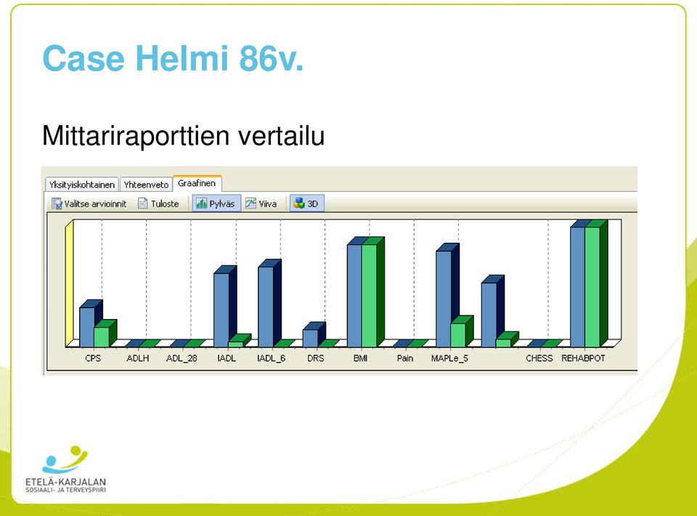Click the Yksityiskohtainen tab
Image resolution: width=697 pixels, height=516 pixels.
(82, 184)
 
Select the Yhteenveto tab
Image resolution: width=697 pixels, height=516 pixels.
(146, 184)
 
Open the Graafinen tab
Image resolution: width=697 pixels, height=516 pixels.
(197, 183)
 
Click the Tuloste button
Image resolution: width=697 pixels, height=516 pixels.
(158, 203)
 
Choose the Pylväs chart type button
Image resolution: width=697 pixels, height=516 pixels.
(216, 203)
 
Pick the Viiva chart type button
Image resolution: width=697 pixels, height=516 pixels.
(261, 203)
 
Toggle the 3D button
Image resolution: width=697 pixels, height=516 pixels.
(306, 203)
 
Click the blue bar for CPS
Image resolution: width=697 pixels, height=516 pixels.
(87, 327)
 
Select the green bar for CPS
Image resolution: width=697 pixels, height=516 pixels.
(102, 336)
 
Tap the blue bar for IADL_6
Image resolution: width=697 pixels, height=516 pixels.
(266, 307)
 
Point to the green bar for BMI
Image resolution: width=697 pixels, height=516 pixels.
(370, 295)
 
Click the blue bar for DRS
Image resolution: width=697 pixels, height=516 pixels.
(310, 338)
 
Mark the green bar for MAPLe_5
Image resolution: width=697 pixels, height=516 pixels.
(458, 335)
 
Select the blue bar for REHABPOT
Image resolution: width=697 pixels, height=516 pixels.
(578, 287)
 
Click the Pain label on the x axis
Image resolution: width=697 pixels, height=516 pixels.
(405, 358)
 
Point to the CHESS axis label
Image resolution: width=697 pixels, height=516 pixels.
(539, 358)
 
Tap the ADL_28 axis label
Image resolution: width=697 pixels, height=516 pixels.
(182, 358)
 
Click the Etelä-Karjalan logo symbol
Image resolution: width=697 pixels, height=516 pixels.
(65, 460)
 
